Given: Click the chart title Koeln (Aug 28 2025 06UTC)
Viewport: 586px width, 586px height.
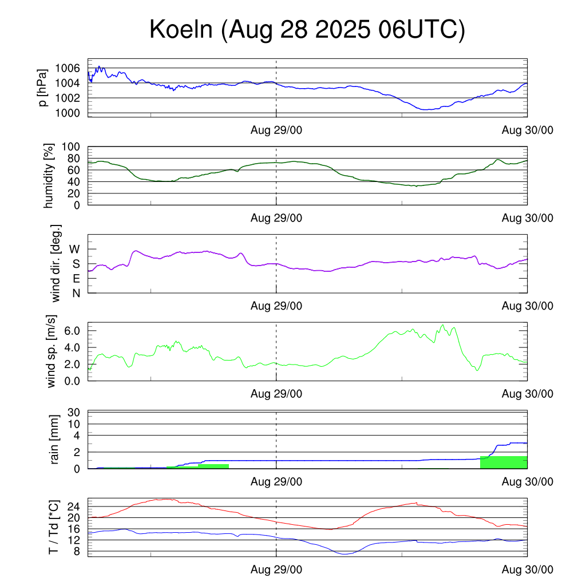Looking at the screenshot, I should tap(307, 30).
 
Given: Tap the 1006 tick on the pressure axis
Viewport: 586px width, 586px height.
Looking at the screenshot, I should tap(68, 68).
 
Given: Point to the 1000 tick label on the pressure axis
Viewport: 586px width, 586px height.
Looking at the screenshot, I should tap(68, 113).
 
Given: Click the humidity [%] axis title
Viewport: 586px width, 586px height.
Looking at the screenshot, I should tap(50, 176).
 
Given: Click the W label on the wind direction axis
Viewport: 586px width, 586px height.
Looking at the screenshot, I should tap(74, 249).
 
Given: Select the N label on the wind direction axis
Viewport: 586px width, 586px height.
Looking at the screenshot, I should tap(75, 293).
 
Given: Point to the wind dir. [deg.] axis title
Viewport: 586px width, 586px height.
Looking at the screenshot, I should tap(56, 263).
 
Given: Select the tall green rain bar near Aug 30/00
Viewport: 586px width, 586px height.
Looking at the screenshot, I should tap(503, 462).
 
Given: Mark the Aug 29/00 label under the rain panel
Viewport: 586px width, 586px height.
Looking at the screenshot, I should tap(276, 482).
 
